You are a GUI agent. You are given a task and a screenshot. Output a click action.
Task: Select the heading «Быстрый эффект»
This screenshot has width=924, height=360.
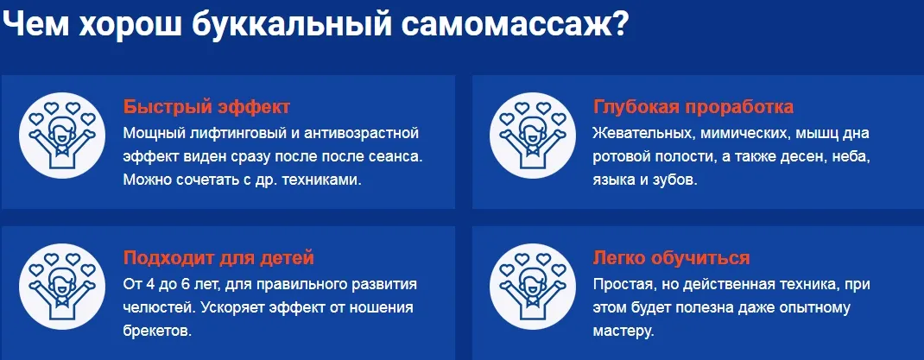(x=207, y=107)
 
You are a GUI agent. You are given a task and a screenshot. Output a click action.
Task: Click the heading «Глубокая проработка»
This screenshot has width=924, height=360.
(x=693, y=107)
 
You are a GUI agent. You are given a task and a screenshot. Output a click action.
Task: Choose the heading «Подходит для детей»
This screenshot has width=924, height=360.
(x=218, y=258)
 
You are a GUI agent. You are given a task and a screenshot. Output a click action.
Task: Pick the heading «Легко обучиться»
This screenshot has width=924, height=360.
(x=671, y=258)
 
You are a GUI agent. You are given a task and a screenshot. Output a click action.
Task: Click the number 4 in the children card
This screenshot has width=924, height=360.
(x=149, y=285)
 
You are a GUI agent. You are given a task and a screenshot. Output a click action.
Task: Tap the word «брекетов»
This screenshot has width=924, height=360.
(x=157, y=332)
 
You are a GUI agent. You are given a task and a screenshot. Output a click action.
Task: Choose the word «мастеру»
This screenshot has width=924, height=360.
(x=623, y=332)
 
